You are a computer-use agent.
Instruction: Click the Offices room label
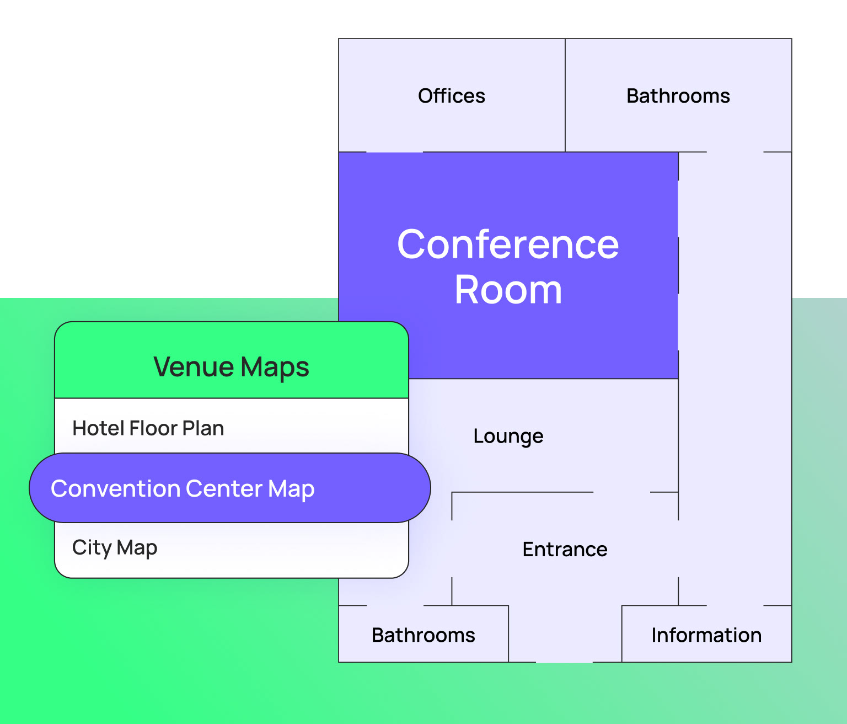pos(451,96)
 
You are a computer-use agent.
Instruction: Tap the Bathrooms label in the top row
pos(678,96)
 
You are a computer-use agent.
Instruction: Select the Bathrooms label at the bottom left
pos(423,635)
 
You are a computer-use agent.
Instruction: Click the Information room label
pos(706,635)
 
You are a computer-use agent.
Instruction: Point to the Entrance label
pos(565,550)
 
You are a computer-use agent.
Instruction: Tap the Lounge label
pos(508,436)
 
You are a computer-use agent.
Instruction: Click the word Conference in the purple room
pos(508,244)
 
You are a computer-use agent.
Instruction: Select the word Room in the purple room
pos(508,290)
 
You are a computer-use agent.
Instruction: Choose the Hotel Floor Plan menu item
pos(148,428)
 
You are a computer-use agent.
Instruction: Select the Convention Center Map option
pos(183,489)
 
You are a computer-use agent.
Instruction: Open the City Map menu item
pos(115,547)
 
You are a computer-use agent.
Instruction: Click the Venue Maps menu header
pos(231,367)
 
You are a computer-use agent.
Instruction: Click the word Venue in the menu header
pos(194,367)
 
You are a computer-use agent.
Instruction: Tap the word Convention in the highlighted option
pos(115,489)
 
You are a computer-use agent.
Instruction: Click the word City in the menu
pos(92,547)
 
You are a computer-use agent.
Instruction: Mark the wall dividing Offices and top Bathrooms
pos(565,95)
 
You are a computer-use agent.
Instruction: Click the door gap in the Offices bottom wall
pos(394,152)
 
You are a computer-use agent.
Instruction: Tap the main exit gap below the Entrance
pos(564,662)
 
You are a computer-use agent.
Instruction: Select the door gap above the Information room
pos(735,605)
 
